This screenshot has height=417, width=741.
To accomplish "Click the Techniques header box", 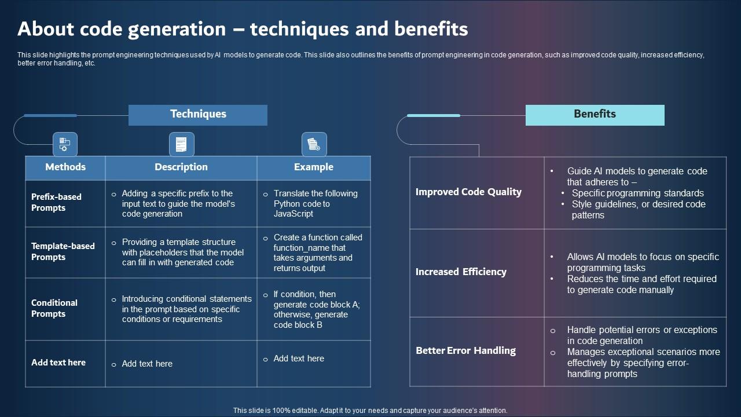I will pyautogui.click(x=198, y=115).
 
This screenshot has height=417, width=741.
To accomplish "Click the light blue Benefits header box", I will pyautogui.click(x=595, y=115).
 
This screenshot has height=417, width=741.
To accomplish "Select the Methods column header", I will pyautogui.click(x=65, y=167).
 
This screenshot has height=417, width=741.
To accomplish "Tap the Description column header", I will pyautogui.click(x=181, y=167).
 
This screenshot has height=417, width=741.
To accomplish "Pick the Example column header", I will pyautogui.click(x=313, y=167).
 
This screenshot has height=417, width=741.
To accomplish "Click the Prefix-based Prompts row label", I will pyautogui.click(x=56, y=202).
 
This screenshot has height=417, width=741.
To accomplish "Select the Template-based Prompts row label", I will pyautogui.click(x=63, y=251).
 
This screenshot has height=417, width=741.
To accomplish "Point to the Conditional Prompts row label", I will pyautogui.click(x=54, y=308).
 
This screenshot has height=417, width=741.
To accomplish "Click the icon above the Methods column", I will pyautogui.click(x=65, y=144).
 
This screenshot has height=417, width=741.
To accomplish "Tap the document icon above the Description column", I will pyautogui.click(x=181, y=144).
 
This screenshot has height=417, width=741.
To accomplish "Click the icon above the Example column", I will pyautogui.click(x=314, y=144).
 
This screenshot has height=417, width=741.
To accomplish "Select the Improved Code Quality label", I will pyautogui.click(x=468, y=192).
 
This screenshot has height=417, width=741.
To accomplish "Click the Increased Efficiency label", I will pyautogui.click(x=461, y=272).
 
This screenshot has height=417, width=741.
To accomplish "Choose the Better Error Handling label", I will pyautogui.click(x=465, y=351).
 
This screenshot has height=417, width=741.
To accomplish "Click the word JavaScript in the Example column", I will pyautogui.click(x=293, y=214).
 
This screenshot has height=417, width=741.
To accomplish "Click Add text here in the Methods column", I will pyautogui.click(x=58, y=363).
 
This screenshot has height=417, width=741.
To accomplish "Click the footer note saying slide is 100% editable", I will pyautogui.click(x=370, y=411).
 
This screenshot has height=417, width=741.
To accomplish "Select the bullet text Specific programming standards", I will pyautogui.click(x=637, y=193).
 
